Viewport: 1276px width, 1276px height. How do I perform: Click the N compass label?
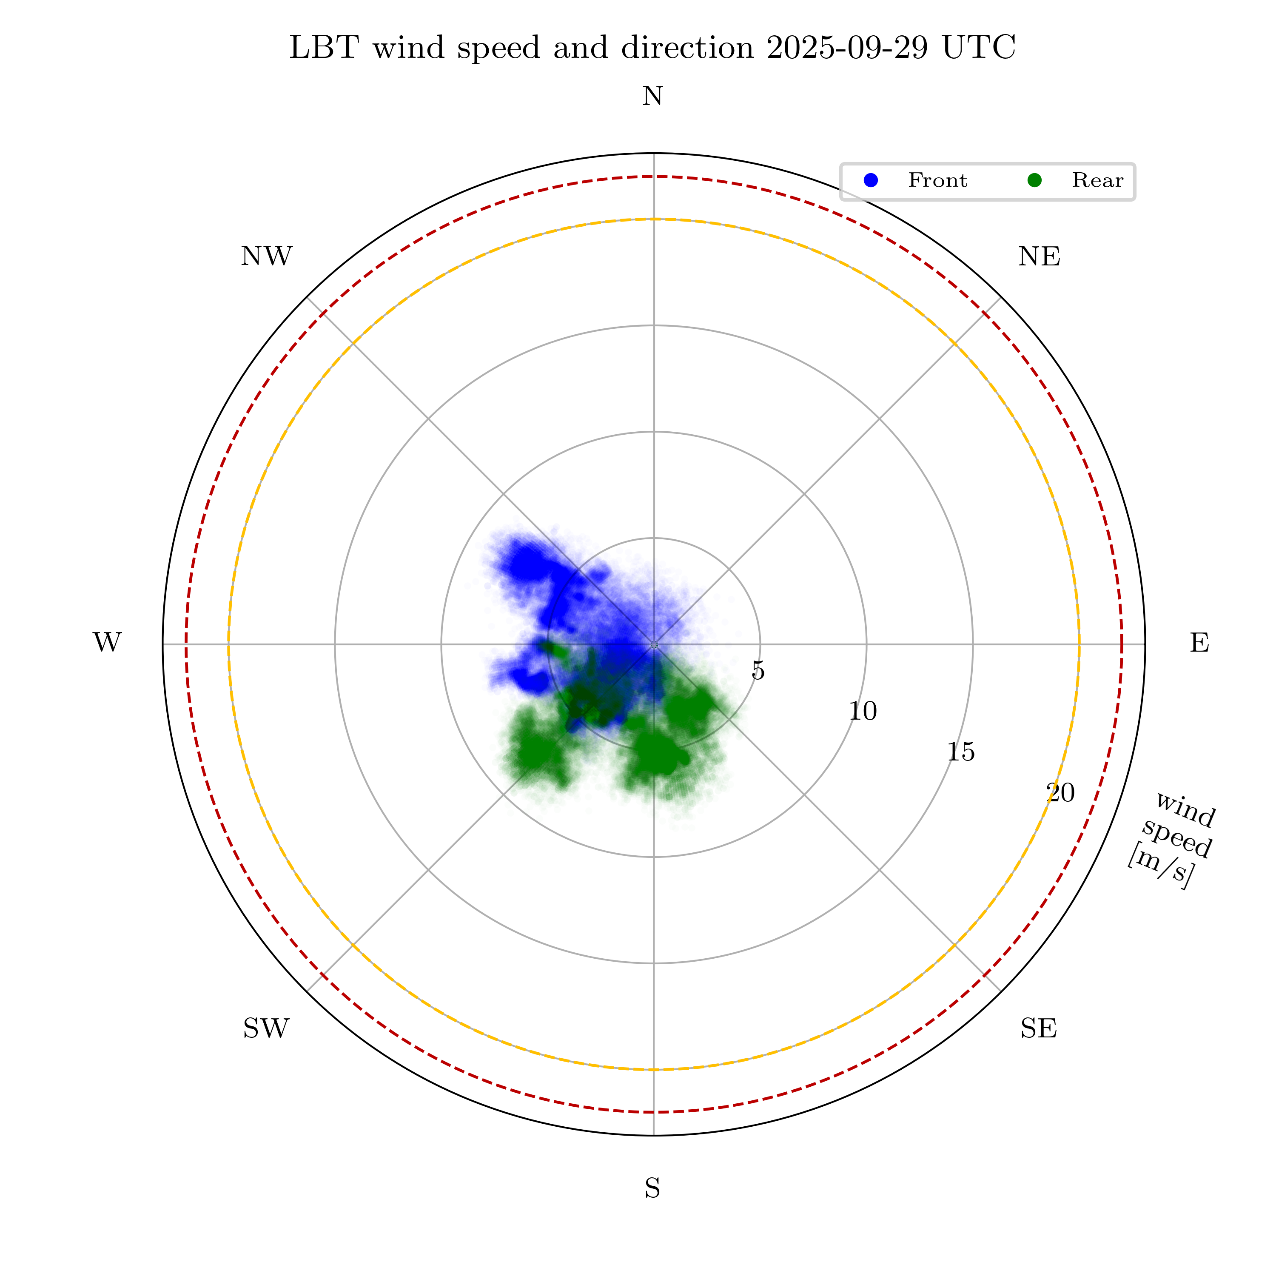(652, 97)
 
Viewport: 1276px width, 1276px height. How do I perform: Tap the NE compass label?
(1039, 257)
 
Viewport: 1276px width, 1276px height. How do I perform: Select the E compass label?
(1199, 643)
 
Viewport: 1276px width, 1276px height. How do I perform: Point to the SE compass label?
(1038, 1029)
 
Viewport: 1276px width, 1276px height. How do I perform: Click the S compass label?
(652, 1189)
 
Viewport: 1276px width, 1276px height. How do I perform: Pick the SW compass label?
(266, 1029)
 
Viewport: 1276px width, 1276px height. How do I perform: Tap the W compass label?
(107, 643)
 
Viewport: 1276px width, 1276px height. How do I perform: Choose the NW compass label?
(266, 257)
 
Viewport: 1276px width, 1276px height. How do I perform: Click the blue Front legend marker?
(871, 180)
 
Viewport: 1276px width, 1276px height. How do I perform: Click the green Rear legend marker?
(1034, 180)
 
